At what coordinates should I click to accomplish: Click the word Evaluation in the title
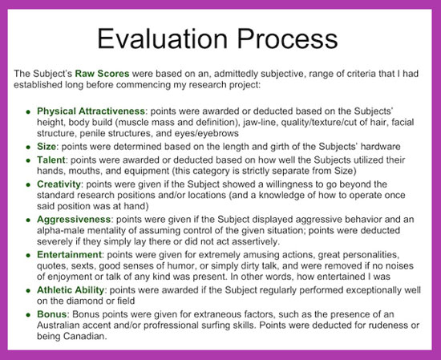pos(162,38)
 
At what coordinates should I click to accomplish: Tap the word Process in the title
pos(287,38)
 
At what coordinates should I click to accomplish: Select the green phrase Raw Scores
pos(102,74)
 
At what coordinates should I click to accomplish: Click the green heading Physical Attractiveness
pos(91,111)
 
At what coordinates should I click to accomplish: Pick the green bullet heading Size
pos(47,147)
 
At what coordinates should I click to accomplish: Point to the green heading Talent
pos(51,160)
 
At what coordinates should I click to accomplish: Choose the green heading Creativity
pos(59,184)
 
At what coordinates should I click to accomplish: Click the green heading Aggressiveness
pos(74,220)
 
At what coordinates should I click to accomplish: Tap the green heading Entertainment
pos(69,254)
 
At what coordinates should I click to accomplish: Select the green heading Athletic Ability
pos(71,290)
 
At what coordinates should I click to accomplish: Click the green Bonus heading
pos(52,314)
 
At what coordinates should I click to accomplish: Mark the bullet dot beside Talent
pos(28,160)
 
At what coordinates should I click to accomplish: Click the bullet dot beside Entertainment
pos(28,256)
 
